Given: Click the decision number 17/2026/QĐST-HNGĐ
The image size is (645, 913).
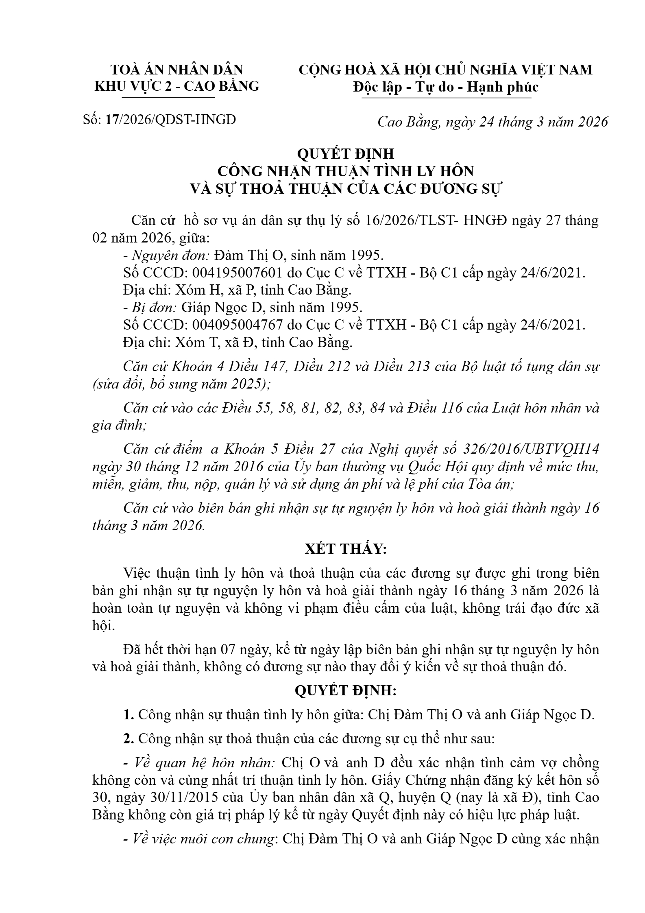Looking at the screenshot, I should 170,120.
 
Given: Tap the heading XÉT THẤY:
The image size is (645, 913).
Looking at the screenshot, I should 346,549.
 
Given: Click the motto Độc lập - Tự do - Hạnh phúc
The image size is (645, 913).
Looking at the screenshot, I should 446,87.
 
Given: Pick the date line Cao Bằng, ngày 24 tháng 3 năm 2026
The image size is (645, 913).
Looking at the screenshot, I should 492,122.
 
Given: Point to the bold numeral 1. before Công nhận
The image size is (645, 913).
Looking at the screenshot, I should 129,715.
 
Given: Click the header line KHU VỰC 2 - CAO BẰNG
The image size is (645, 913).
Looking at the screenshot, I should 177,86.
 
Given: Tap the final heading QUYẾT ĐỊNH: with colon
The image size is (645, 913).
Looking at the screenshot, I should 345,690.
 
